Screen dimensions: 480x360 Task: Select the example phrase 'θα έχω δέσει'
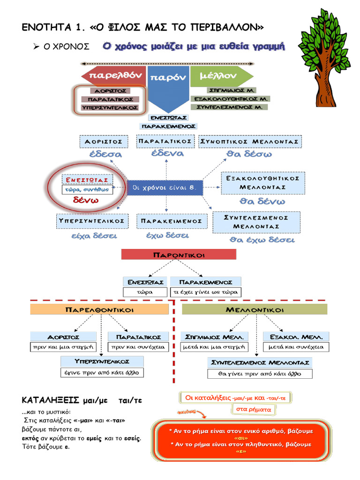coord(262,240)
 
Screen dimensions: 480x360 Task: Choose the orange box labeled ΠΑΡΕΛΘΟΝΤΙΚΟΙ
coord(99,309)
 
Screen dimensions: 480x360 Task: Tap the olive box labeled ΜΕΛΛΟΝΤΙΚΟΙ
coord(254,309)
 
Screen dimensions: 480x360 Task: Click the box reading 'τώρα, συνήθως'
coord(88,190)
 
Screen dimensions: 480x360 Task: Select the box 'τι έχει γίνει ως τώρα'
coord(206,292)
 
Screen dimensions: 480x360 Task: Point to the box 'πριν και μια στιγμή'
coord(63,347)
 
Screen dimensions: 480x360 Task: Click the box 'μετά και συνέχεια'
coord(296,347)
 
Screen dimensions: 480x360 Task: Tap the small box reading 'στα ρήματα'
coord(252,409)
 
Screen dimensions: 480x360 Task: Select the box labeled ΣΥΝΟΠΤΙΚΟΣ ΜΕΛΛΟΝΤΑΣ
coord(250,141)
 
